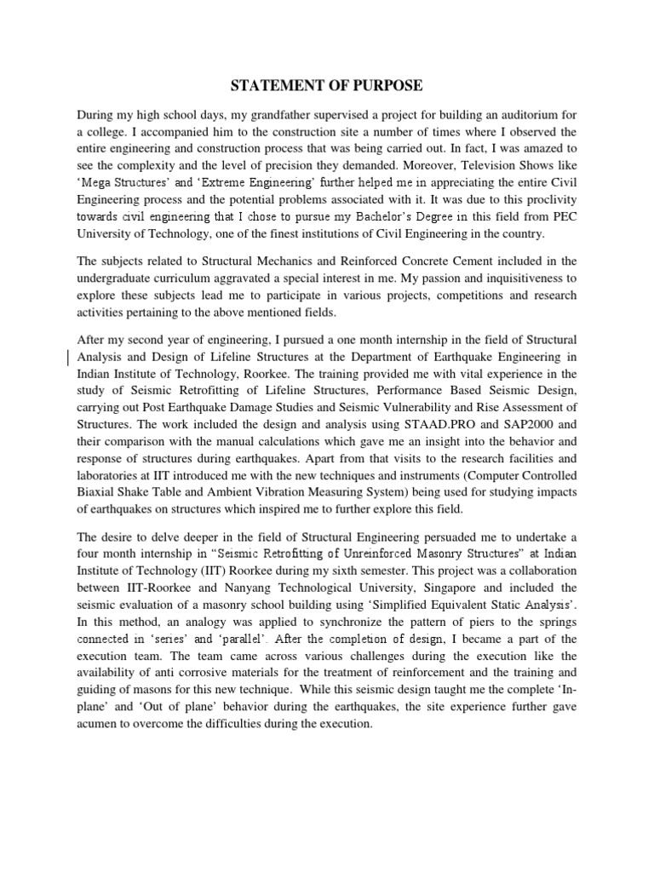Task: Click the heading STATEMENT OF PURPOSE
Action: (x=328, y=86)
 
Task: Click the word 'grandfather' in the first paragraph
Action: (x=269, y=114)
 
